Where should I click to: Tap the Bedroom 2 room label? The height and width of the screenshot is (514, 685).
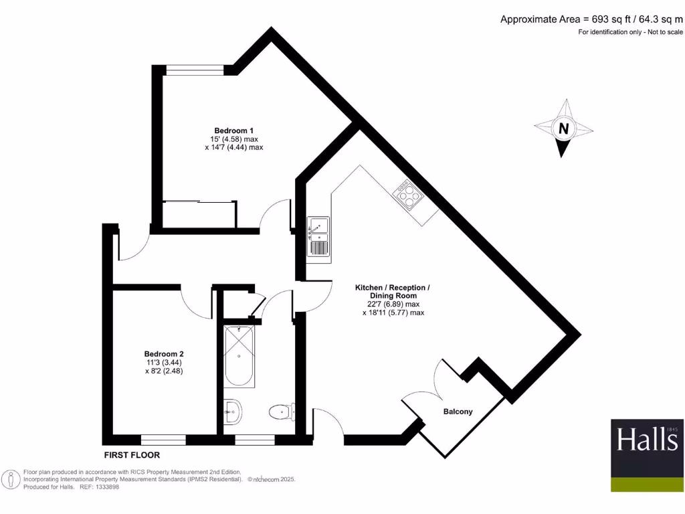pyautogui.click(x=164, y=354)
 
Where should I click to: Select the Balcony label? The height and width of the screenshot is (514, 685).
pyautogui.click(x=458, y=412)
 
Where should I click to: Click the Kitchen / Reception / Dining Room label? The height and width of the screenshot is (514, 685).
pyautogui.click(x=392, y=291)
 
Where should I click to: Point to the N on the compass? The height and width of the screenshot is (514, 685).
pyautogui.click(x=564, y=128)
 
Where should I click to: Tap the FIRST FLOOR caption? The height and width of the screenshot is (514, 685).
pyautogui.click(x=132, y=454)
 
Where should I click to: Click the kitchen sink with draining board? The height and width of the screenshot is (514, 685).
pyautogui.click(x=318, y=237)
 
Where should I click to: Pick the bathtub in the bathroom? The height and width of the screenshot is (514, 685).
pyautogui.click(x=239, y=356)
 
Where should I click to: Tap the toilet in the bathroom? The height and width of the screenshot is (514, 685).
pyautogui.click(x=281, y=412)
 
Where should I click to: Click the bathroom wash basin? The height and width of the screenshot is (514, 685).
pyautogui.click(x=232, y=411)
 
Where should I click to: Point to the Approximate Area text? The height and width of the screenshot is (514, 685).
pyautogui.click(x=592, y=19)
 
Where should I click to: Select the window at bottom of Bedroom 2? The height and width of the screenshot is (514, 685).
pyautogui.click(x=163, y=439)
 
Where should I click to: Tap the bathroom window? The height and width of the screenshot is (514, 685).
pyautogui.click(x=256, y=439)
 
